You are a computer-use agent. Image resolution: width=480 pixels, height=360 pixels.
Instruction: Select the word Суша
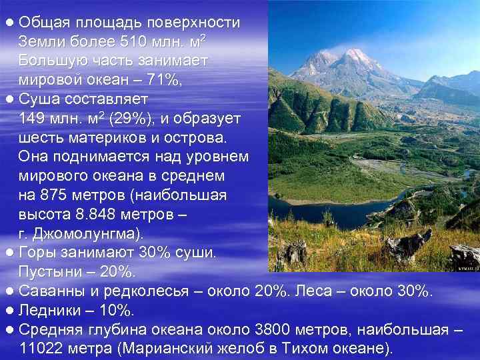coord(39,99)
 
